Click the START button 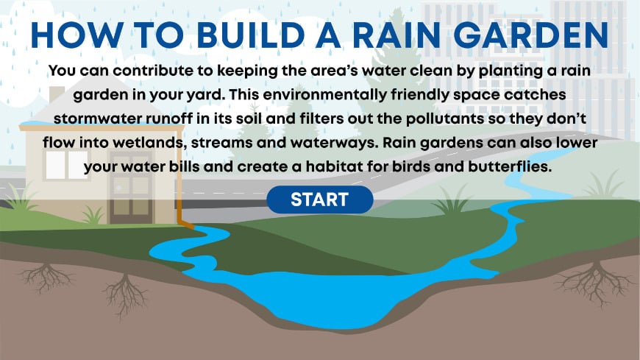tap(319, 199)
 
